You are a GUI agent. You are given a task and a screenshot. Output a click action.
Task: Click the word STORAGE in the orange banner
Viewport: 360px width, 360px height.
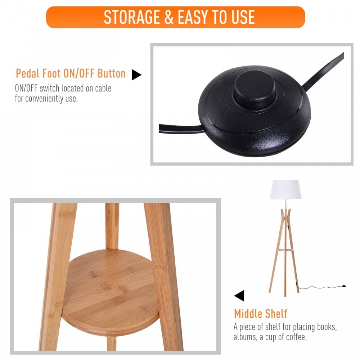click(x=132, y=17)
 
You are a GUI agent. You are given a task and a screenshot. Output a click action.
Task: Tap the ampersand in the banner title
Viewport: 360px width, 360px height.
click(x=169, y=17)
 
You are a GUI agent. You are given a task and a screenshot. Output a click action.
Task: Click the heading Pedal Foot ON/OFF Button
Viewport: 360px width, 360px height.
click(x=71, y=73)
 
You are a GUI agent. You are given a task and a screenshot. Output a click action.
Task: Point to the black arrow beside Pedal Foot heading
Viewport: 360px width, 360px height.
click(x=136, y=75)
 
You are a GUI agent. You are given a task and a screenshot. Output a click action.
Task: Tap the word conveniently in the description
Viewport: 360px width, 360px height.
click(x=44, y=99)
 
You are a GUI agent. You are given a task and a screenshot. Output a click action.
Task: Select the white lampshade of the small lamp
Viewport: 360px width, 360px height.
click(x=285, y=189)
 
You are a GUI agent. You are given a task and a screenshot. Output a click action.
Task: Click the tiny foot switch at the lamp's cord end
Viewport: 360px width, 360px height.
click(x=344, y=286)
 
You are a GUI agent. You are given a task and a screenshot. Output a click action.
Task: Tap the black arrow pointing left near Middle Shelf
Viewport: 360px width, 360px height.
click(x=239, y=296)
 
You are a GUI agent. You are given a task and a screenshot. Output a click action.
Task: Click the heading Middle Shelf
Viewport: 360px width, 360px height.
click(x=261, y=314)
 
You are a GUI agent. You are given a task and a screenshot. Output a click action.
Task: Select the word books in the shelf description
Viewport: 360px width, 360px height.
click(x=326, y=327)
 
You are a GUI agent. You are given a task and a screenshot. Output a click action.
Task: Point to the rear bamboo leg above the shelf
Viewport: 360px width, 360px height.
click(x=112, y=226)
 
